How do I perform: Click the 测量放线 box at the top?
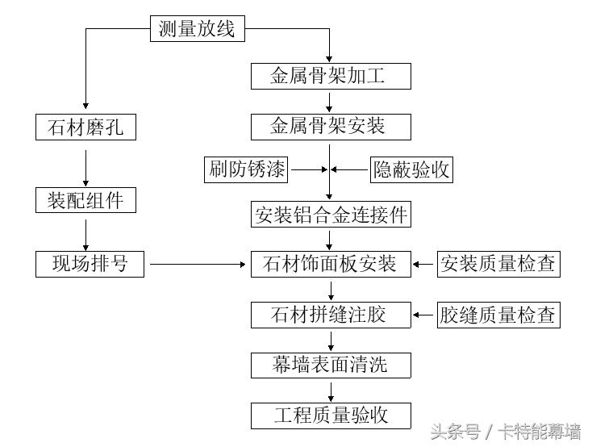[x=197, y=30]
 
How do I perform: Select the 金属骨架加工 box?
[x=330, y=77]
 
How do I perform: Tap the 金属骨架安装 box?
[x=330, y=127]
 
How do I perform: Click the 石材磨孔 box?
[x=85, y=127]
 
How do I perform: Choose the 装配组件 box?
[x=85, y=200]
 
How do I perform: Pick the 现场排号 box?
[x=90, y=264]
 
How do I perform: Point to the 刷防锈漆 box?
[x=247, y=169]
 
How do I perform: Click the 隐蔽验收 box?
[x=411, y=169]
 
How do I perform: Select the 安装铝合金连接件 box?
[x=330, y=215]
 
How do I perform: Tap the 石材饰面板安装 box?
[x=330, y=264]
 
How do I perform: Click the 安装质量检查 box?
[x=498, y=264]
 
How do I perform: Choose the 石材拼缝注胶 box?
[x=330, y=315]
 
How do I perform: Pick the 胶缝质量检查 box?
[x=498, y=315]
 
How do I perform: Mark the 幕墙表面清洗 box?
[x=330, y=365]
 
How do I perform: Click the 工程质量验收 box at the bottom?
[x=330, y=416]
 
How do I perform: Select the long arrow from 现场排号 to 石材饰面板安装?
[x=198, y=264]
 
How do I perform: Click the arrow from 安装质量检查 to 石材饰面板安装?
[x=424, y=264]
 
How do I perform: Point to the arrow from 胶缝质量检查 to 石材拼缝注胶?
[x=424, y=315]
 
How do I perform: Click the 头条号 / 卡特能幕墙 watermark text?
[x=506, y=432]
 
